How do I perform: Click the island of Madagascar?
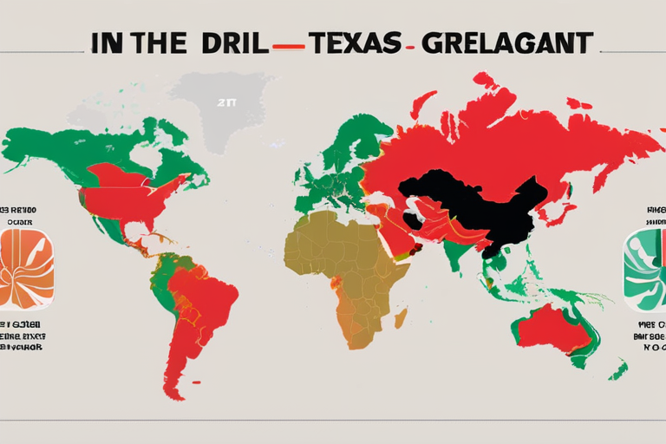[x=401, y=318]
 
